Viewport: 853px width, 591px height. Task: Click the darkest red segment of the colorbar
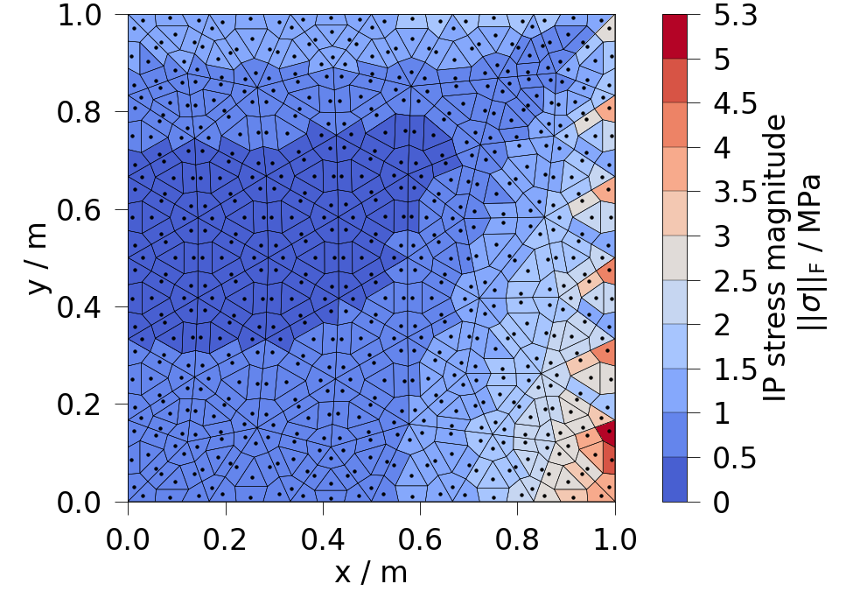click(x=675, y=37)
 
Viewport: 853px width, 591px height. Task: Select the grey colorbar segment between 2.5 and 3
click(x=675, y=258)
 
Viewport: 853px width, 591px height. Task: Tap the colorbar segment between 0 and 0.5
click(x=675, y=480)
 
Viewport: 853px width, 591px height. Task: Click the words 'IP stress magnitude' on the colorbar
click(x=773, y=258)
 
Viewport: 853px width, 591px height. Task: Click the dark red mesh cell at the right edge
click(x=608, y=433)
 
